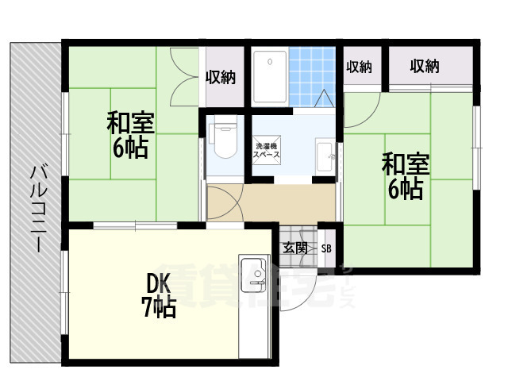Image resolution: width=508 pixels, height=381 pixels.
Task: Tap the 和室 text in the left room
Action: pos(130,124)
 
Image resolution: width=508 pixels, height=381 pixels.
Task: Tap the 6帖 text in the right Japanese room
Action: pos(405,190)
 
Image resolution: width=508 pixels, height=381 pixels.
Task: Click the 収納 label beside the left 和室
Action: pos(221,77)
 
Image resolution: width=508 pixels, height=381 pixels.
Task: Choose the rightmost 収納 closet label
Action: pos(425,67)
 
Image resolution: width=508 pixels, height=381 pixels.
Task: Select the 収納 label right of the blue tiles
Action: pos(359,67)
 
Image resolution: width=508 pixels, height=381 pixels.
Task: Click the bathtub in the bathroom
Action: pos(270,76)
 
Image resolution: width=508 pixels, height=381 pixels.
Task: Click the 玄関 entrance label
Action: pos(295,248)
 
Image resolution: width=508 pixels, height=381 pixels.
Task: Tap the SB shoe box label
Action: pos(326,248)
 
